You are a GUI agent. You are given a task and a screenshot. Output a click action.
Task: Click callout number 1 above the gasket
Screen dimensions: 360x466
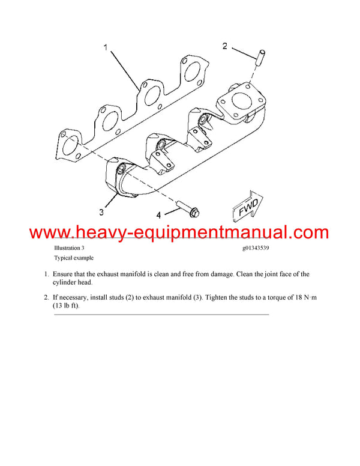106,47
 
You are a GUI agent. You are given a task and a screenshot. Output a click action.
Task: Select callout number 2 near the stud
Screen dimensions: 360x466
225,46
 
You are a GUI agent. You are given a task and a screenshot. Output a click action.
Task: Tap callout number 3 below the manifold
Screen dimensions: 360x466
101,212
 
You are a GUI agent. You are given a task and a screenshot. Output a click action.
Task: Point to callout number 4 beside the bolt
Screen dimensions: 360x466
158,215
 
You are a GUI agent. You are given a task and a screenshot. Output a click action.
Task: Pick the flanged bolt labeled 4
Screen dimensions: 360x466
188,208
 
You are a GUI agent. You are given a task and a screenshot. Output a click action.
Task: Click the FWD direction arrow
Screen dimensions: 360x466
247,206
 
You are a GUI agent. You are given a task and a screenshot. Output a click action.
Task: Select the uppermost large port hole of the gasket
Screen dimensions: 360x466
193,72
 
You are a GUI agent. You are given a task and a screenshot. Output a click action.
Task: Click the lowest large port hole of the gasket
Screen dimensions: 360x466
70,148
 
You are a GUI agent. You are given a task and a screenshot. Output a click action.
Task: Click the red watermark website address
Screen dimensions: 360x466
179,232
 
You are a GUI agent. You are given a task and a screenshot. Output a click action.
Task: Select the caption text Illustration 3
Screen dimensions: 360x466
69,248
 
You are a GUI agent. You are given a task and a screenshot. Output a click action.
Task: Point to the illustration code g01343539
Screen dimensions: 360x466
256,248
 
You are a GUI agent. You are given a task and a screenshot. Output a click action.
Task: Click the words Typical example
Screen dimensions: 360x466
74,258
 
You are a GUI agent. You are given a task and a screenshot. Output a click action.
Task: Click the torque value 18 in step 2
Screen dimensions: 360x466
299,297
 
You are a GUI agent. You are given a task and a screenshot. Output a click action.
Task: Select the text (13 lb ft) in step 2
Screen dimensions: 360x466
66,306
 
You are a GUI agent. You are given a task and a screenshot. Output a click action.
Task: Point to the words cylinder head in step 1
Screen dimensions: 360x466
72,282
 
